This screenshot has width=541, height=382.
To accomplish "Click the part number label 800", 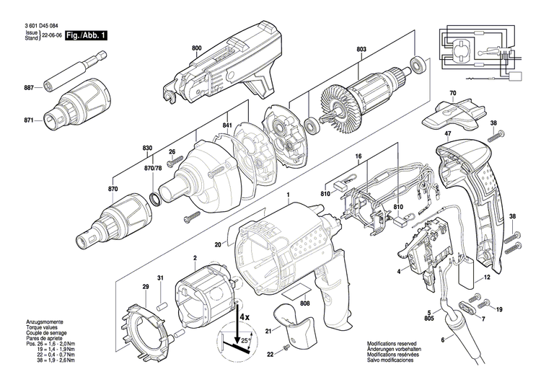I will coord(197,48).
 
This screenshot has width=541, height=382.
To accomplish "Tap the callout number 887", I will coord(28,88).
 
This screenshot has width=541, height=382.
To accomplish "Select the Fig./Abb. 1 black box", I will coord(85,34).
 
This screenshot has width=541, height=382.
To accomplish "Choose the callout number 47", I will coord(447,135).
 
